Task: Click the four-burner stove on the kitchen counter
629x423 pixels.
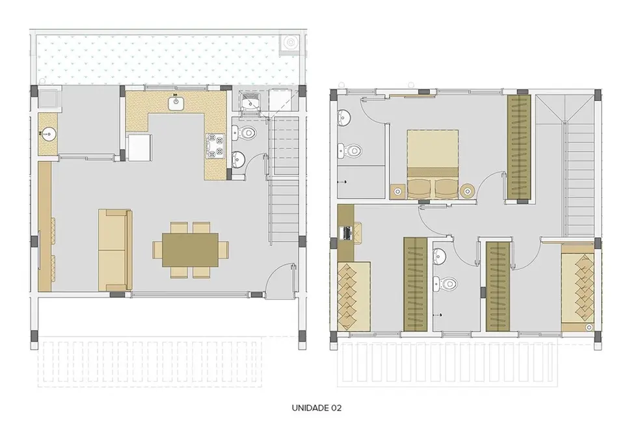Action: tap(215, 146)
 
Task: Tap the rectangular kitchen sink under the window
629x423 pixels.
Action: tap(176, 103)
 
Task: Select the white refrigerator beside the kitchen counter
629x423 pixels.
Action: tap(140, 147)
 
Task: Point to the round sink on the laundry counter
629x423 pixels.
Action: tap(47, 133)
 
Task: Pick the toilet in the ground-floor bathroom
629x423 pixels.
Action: tap(247, 133)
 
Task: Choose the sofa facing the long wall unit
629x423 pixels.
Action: tap(114, 250)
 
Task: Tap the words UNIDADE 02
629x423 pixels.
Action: tap(317, 408)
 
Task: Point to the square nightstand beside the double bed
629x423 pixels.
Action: tap(397, 191)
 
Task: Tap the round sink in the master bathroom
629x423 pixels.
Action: tap(344, 118)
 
